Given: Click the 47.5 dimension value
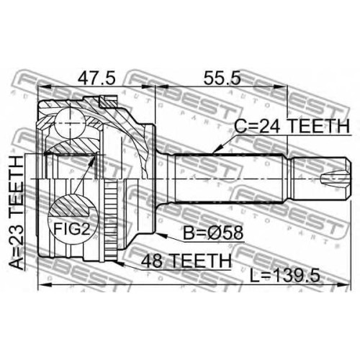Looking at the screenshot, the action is (96, 78).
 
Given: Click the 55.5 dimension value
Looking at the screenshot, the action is (222, 78).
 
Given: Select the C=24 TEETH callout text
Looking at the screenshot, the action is (292, 126).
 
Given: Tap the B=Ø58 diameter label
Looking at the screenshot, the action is (213, 233).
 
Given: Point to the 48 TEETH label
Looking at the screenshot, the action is (186, 261).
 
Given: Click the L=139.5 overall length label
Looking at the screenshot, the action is (285, 276).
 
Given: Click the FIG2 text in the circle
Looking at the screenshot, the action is (71, 228).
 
